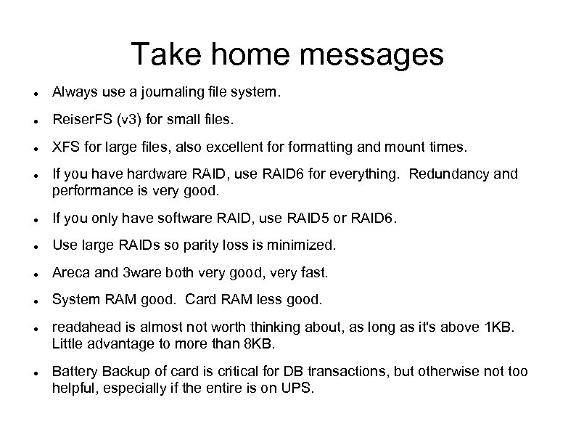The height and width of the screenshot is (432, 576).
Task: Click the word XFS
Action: click(64, 147)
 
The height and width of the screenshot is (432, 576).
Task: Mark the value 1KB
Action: click(497, 326)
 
